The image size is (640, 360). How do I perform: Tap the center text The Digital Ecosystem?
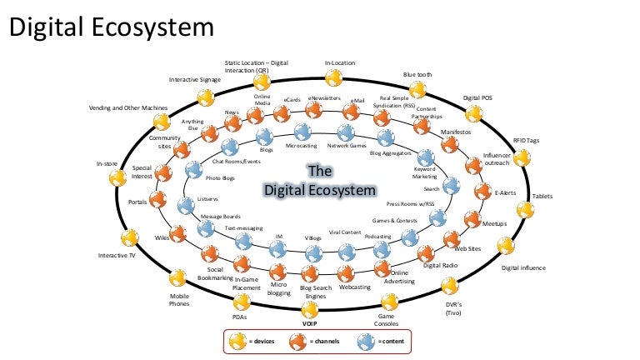tap(320, 180)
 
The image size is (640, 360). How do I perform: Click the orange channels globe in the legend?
tap(297, 340)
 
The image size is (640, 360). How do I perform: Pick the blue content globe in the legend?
tap(365, 340)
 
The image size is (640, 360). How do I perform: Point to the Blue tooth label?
tap(417, 74)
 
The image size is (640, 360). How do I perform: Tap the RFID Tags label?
tap(526, 141)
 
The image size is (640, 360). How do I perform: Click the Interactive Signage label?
tap(194, 80)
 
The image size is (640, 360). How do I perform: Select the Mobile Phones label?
tap(180, 300)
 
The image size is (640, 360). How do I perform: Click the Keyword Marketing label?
tap(425, 173)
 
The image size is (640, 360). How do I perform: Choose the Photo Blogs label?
tap(221, 177)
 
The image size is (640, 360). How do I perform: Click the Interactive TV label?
tap(117, 255)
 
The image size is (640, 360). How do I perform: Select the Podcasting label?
tap(377, 237)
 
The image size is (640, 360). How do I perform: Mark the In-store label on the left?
tap(107, 164)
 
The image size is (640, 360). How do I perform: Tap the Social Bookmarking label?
tap(214, 275)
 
